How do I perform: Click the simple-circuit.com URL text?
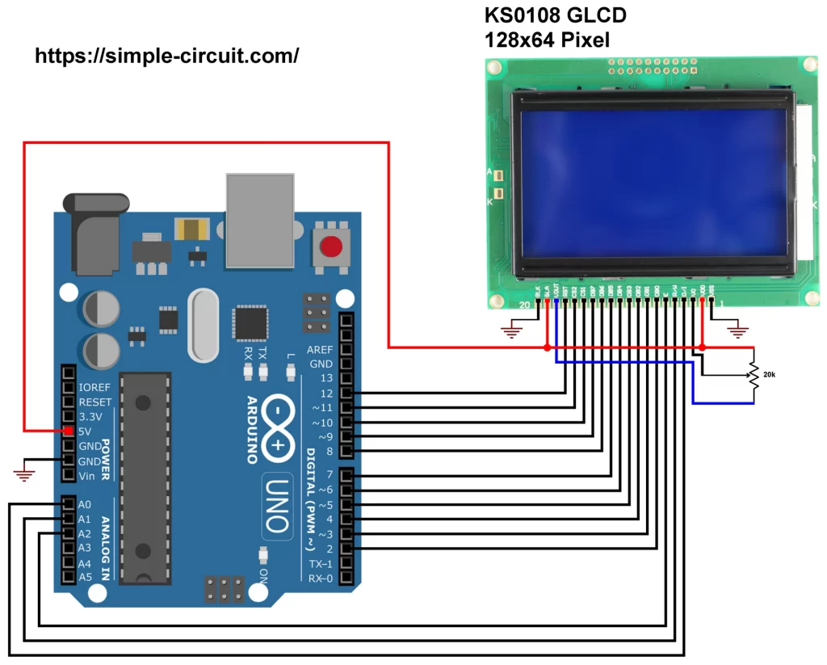pyautogui.click(x=167, y=56)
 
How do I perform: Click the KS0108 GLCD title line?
pyautogui.click(x=555, y=15)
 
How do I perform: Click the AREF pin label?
pyautogui.click(x=320, y=350)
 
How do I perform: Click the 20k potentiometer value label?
pyautogui.click(x=770, y=375)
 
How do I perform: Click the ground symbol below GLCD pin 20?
pyautogui.click(x=511, y=329)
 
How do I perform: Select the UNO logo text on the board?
pyautogui.click(x=277, y=505)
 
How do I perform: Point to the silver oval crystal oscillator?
pyautogui.click(x=203, y=326)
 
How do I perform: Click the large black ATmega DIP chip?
pyautogui.click(x=145, y=477)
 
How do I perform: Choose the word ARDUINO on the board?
pyautogui.click(x=251, y=429)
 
